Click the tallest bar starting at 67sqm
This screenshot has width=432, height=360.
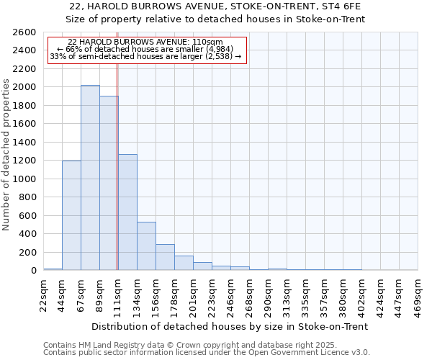[x=90, y=178]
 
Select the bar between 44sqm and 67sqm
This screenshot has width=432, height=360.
[x=71, y=215]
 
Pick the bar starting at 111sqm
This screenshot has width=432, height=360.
[x=127, y=212]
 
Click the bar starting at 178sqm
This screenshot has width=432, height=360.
[x=184, y=263]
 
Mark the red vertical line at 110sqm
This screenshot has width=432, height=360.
[x=117, y=166]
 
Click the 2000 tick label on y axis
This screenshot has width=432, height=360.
[x=25, y=87]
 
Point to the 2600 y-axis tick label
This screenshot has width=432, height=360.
[x=25, y=32]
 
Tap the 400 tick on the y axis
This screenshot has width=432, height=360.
[x=28, y=234]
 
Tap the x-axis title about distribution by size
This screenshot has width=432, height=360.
[x=230, y=326]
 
